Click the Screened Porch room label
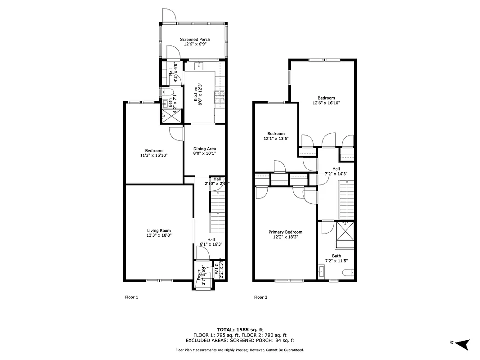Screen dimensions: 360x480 point(195,40)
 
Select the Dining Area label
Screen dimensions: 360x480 point(205,149)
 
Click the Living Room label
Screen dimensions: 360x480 point(159,231)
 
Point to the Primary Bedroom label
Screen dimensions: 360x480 point(285,232)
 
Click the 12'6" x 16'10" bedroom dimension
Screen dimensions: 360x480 point(326,103)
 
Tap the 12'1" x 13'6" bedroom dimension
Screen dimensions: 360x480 point(276,138)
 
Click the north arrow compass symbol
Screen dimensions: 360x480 point(464,343)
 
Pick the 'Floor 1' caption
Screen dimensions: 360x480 point(131,297)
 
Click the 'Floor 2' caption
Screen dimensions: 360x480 point(261,297)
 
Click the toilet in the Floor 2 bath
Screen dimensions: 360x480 point(347,272)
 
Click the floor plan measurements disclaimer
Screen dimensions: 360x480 point(240,350)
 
